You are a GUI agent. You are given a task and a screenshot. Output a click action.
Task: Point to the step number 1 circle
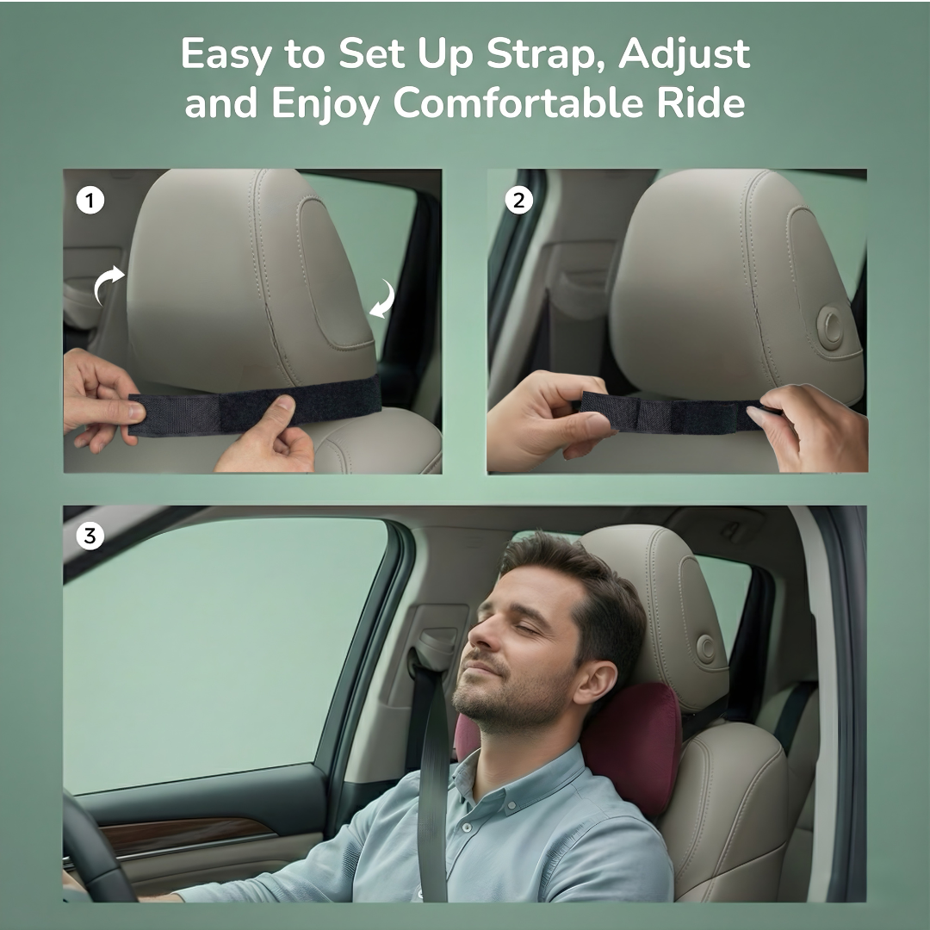(90, 201)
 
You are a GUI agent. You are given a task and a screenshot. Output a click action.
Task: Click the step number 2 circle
(518, 201)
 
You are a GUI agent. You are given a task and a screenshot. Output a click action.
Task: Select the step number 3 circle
(90, 536)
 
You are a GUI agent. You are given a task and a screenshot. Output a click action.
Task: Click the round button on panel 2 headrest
(831, 328)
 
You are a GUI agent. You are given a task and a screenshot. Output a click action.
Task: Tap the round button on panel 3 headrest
(707, 648)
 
